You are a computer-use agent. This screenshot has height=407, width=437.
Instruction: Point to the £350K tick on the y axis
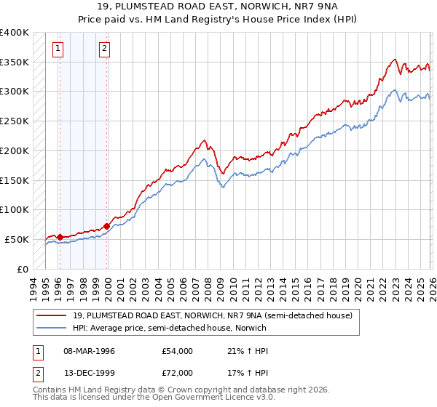coord(15,63)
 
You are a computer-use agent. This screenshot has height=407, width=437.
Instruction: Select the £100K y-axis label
coord(15,209)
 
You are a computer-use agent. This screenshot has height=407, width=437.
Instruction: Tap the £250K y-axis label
coord(15,121)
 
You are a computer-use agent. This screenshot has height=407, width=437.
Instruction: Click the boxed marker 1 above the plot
coord(58,49)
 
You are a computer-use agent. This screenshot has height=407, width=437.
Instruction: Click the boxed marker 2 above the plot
coord(105,49)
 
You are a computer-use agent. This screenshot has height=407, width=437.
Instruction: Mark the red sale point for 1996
coord(60,237)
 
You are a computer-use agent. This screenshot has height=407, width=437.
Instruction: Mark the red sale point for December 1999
coord(106,226)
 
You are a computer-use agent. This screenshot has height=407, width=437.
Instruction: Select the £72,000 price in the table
coord(177,373)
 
